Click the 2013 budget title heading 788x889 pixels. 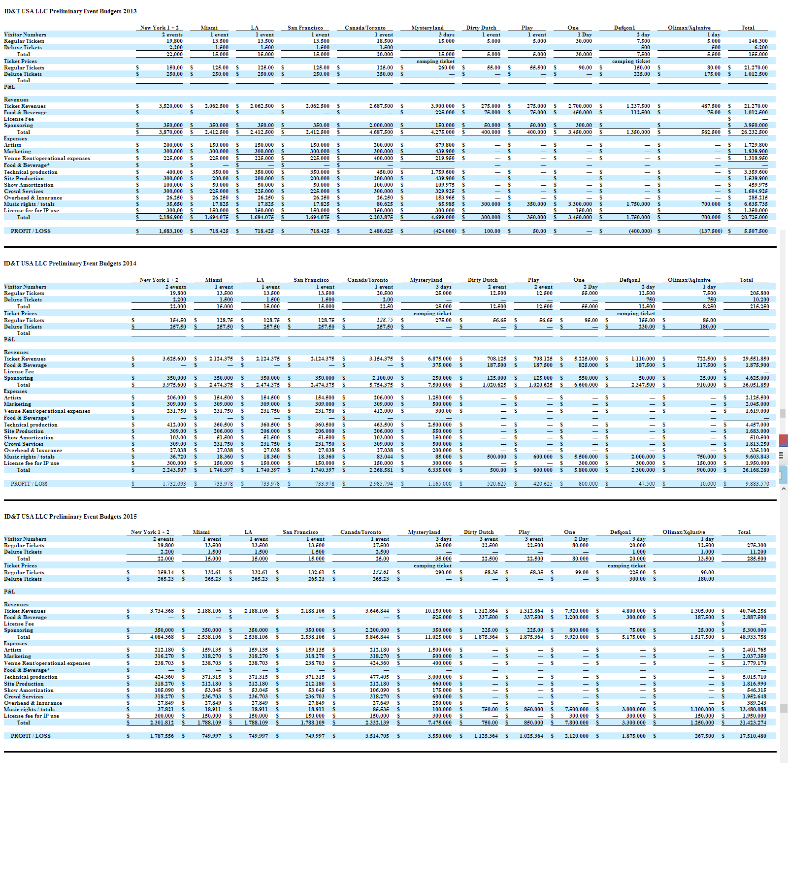tap(70, 11)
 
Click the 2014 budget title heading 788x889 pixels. tap(70, 263)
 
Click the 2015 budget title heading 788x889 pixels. tap(70, 517)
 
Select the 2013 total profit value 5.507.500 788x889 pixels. tap(755, 231)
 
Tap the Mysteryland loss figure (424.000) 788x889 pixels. tap(444, 231)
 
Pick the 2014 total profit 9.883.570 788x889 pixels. tap(757, 484)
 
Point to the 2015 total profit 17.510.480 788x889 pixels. tap(753, 736)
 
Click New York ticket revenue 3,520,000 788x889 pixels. tap(170, 106)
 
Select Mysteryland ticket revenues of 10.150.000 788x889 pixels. tap(438, 611)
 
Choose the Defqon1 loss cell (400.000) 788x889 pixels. tap(640, 231)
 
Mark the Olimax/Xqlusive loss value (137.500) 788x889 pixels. tap(710, 231)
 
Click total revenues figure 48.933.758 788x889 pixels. tap(753, 637)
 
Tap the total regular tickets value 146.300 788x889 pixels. tap(758, 41)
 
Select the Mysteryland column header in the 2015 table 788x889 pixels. tap(424, 532)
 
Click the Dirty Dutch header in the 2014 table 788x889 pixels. tap(483, 280)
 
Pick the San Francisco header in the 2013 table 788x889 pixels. tap(305, 28)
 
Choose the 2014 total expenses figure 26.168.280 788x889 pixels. tap(755, 470)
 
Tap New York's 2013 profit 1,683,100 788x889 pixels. tap(170, 231)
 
